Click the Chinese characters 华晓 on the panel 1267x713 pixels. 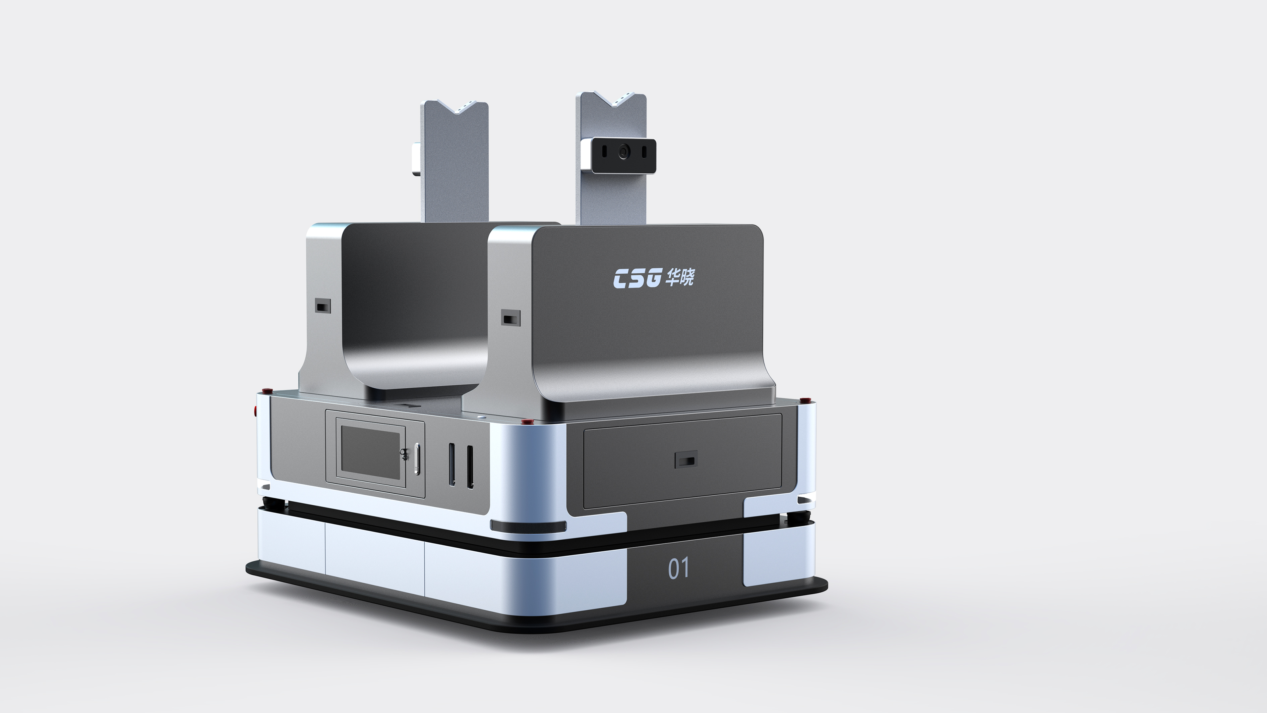pos(680,277)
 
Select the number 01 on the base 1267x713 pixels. pos(678,568)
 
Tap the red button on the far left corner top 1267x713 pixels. pos(266,391)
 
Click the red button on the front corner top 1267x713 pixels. pos(527,421)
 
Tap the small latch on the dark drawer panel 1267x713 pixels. pos(686,460)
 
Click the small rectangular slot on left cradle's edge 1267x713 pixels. pos(323,307)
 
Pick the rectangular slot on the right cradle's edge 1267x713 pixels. pos(510,318)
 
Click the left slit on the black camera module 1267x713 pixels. pos(604,152)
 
